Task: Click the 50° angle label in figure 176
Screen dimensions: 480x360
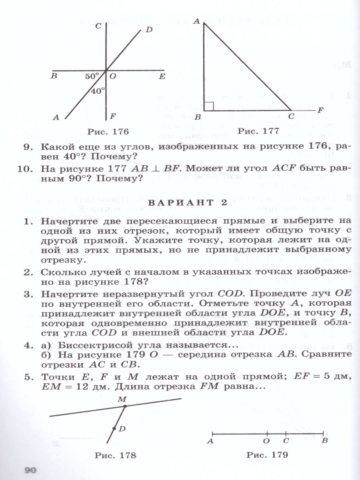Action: click(x=92, y=76)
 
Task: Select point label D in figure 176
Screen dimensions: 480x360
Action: click(x=149, y=29)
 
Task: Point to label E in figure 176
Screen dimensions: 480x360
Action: click(x=162, y=76)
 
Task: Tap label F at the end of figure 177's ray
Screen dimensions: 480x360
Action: click(x=320, y=110)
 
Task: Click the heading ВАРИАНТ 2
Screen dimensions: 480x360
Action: click(x=188, y=203)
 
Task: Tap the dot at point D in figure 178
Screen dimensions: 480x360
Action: click(x=114, y=429)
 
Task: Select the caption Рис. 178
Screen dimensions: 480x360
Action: click(x=115, y=455)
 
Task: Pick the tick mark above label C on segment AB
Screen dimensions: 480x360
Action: click(x=286, y=433)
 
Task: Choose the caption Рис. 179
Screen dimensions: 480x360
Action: click(x=267, y=455)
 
